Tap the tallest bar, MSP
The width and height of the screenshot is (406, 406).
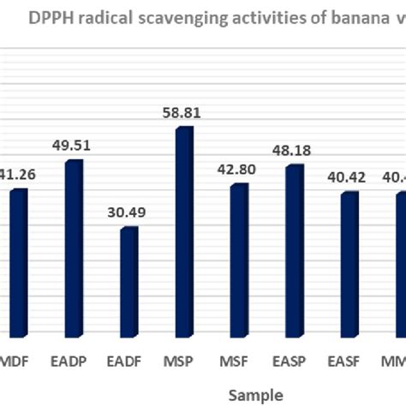[184, 231]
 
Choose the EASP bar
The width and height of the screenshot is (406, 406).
[294, 250]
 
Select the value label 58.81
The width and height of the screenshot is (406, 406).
[183, 110]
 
